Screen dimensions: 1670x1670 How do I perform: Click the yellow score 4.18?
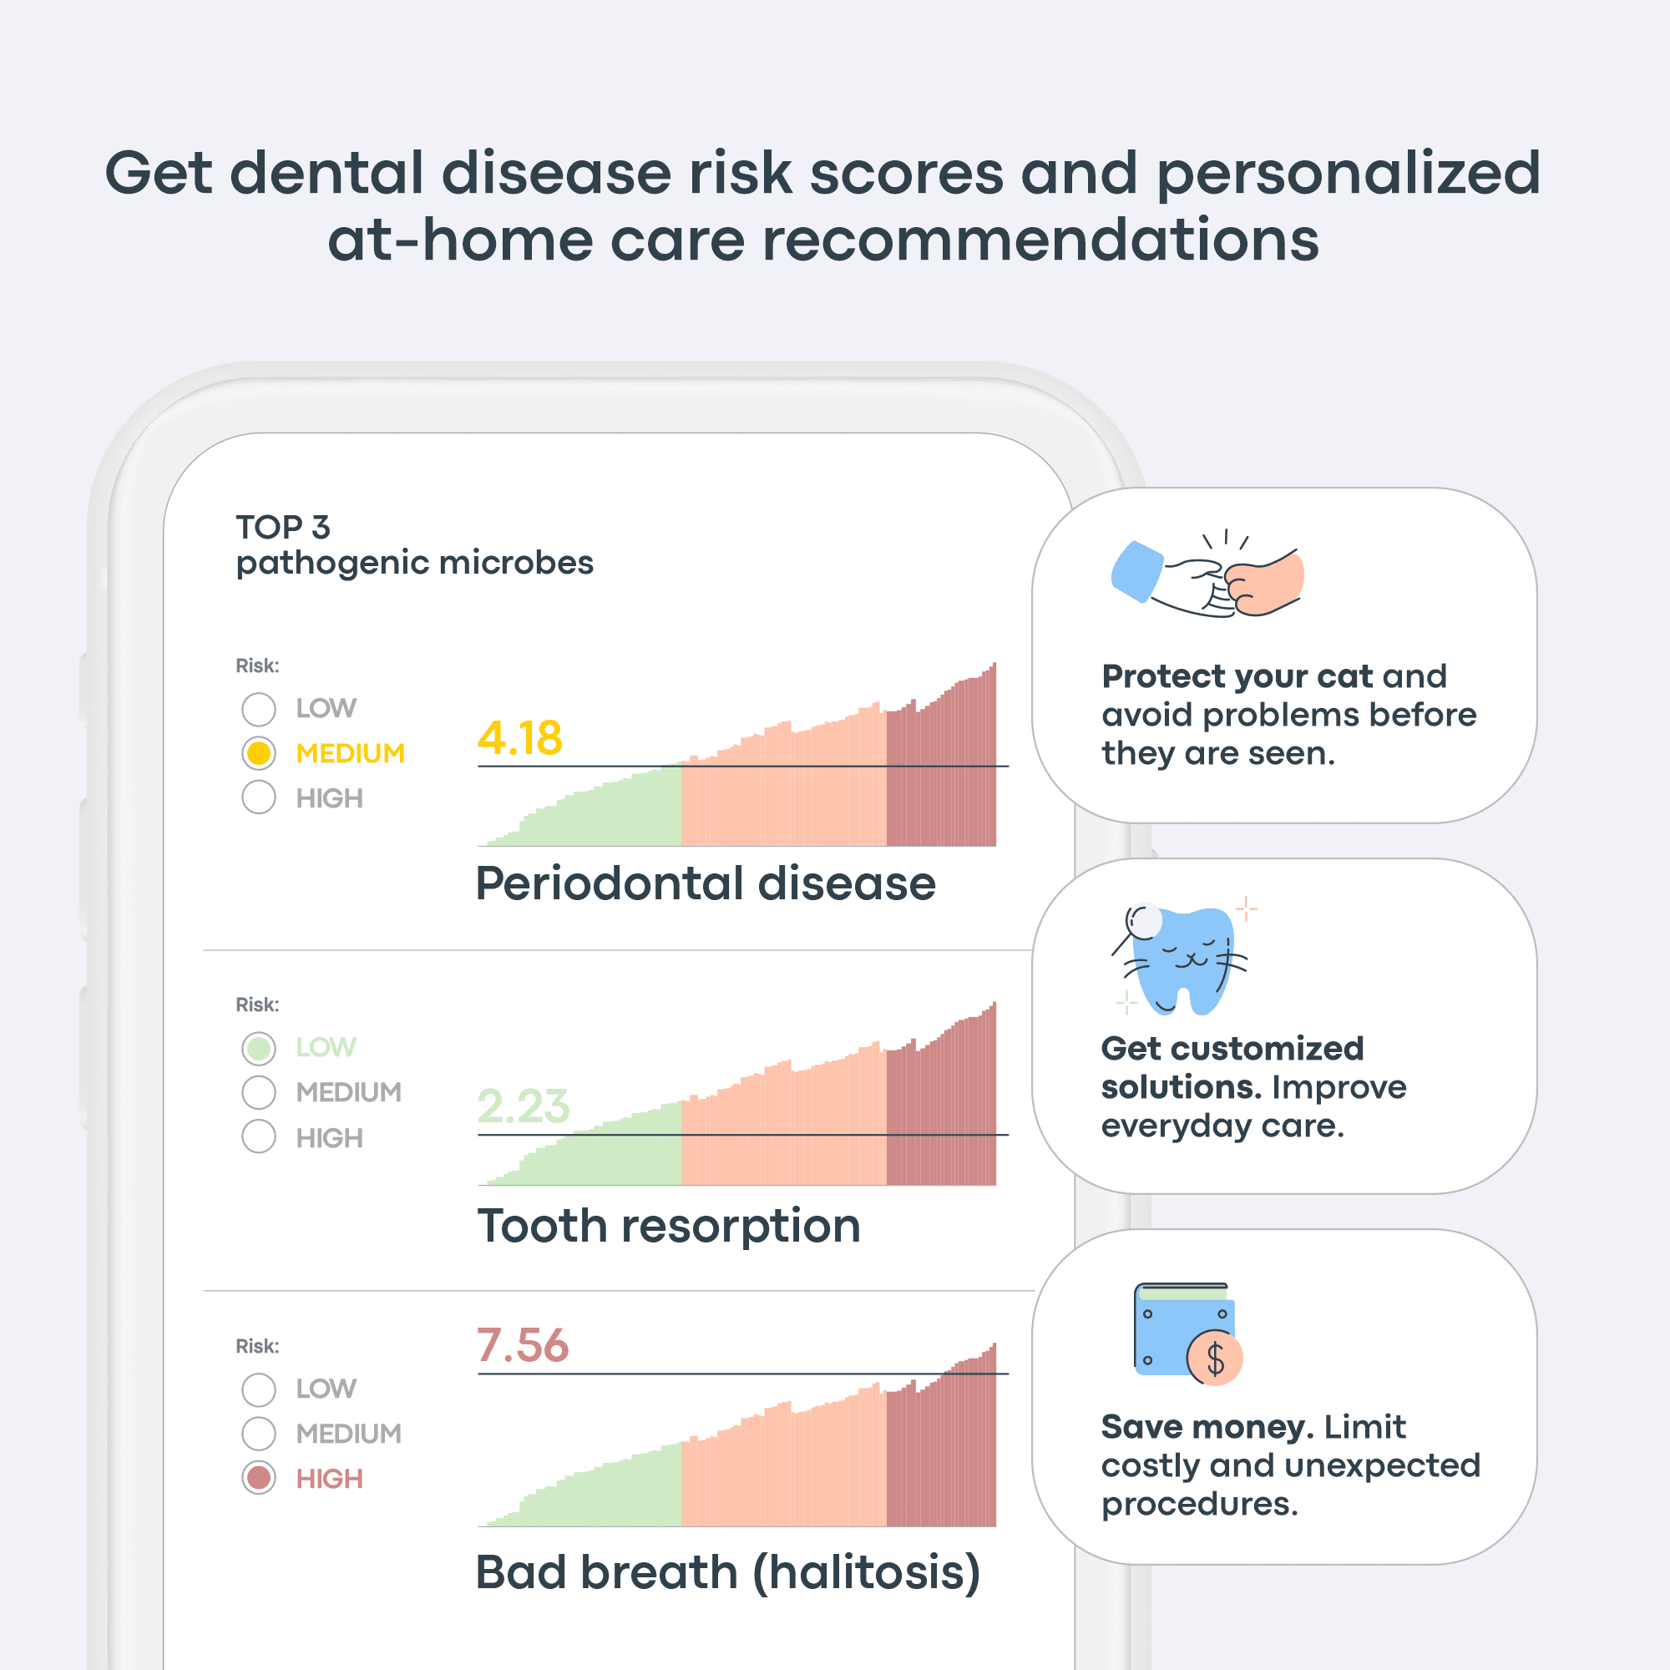[x=519, y=737]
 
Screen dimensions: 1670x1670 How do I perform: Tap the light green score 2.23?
[x=523, y=1106]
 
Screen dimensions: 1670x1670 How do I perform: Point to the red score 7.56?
[x=523, y=1345]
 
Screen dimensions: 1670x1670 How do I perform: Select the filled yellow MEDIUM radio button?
[x=259, y=753]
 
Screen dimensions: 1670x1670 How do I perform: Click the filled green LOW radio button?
[x=259, y=1049]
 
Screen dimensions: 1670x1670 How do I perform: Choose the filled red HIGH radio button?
[x=259, y=1478]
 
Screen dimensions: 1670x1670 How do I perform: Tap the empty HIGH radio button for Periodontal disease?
[x=259, y=797]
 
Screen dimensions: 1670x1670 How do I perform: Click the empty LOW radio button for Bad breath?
[x=259, y=1389]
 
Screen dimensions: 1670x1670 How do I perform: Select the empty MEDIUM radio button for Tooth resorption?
[x=259, y=1092]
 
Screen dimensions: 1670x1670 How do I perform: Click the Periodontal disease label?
[x=706, y=883]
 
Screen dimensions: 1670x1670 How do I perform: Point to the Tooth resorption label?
[x=668, y=1227]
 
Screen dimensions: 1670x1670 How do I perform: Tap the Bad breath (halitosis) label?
[x=729, y=1571]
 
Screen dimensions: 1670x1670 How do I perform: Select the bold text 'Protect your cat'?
[x=1237, y=677]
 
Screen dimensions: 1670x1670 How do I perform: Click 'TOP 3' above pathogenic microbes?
[x=283, y=526]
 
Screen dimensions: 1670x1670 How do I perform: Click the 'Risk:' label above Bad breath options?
[x=257, y=1346]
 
